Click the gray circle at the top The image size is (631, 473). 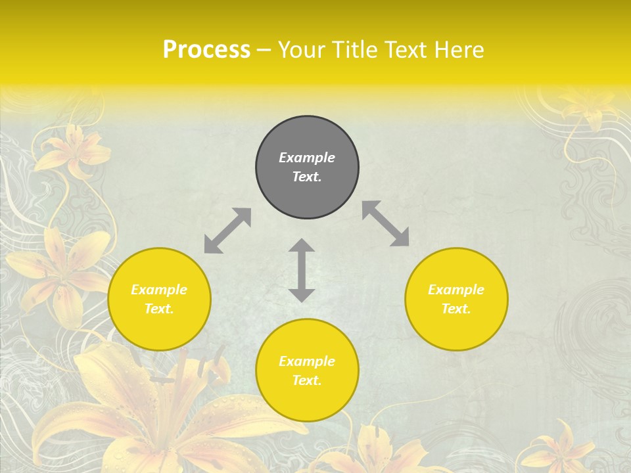tap(307, 168)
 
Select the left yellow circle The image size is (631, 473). tap(159, 299)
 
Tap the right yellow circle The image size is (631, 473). tap(456, 299)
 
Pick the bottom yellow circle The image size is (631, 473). tap(307, 371)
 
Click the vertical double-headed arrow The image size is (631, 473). tap(302, 270)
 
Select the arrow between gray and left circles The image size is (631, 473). tap(227, 231)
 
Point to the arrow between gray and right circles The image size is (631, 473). tap(386, 223)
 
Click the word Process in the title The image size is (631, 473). tap(206, 50)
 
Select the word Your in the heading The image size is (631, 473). tap(300, 50)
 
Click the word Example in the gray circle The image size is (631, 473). tap(307, 158)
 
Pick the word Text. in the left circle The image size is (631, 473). tap(159, 309)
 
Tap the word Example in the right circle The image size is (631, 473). tap(456, 290)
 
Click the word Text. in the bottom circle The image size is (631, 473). tap(307, 380)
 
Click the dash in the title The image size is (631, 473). tap(264, 50)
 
